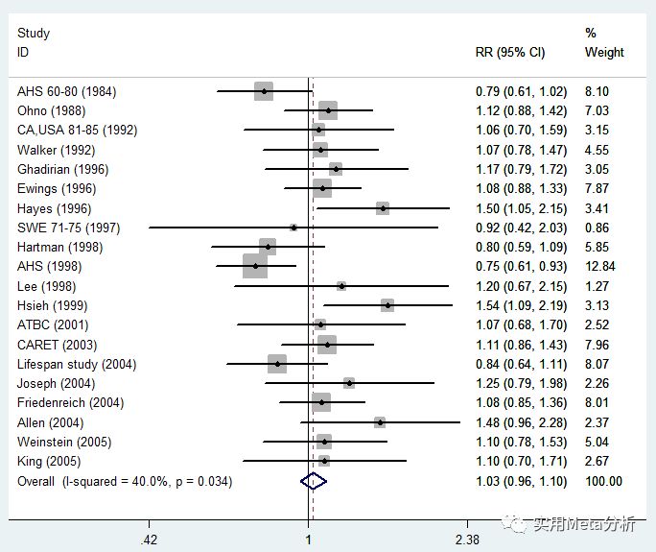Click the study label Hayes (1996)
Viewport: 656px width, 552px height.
[x=54, y=208]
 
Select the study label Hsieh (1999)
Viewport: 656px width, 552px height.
[x=53, y=305]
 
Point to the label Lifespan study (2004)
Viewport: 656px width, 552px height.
[x=77, y=364]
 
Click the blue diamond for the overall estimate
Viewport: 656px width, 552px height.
[x=313, y=481]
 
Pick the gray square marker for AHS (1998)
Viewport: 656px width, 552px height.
[x=255, y=266]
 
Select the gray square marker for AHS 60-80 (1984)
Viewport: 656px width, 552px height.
[x=264, y=91]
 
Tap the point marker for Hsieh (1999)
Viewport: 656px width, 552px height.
[x=387, y=305]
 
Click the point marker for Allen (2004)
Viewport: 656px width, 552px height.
[x=380, y=422]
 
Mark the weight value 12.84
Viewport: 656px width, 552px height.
[x=602, y=266]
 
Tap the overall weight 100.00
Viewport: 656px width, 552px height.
[x=603, y=481]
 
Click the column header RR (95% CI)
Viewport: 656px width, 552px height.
[x=510, y=52]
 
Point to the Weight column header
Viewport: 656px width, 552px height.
[x=604, y=52]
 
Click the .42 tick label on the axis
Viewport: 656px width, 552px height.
[x=149, y=540]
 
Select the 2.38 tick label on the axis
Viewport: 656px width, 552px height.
[x=467, y=540]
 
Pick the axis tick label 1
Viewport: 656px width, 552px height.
[x=309, y=540]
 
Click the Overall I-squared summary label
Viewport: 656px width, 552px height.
[x=125, y=481]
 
